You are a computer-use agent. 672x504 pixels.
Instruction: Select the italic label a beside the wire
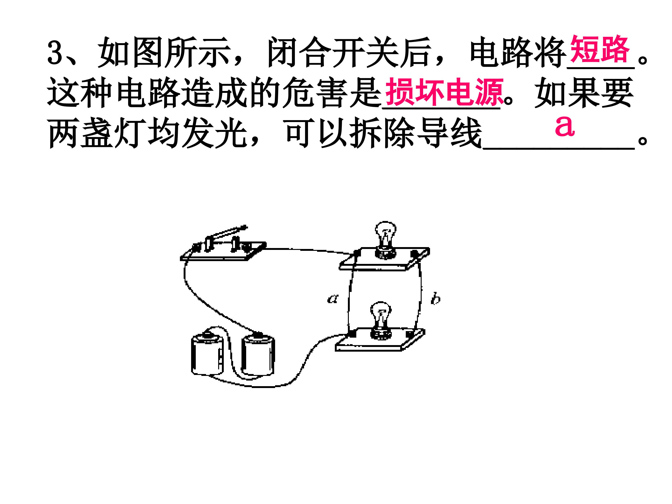333,299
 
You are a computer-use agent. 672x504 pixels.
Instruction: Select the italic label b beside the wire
436,299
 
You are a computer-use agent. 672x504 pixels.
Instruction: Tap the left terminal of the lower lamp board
352,334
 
